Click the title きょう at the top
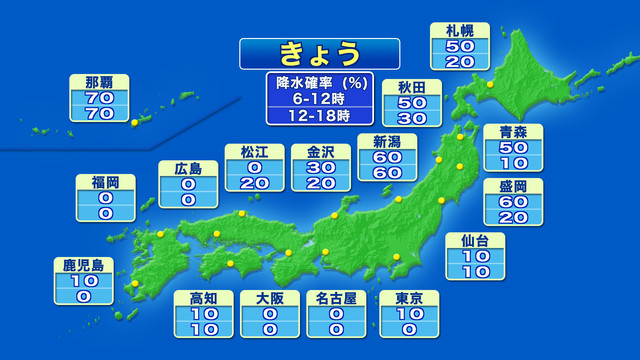[319, 52]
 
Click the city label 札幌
[466, 30]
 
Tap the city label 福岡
[99, 182]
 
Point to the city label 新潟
[388, 141]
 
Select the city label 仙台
[474, 240]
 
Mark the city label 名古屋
[335, 298]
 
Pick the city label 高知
[203, 298]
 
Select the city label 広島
[187, 168]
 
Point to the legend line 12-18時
[319, 115]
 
